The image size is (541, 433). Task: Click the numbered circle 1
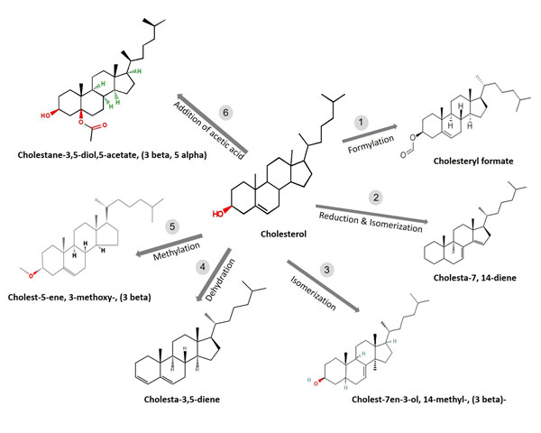coord(362,121)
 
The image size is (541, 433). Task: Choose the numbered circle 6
coord(226,111)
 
